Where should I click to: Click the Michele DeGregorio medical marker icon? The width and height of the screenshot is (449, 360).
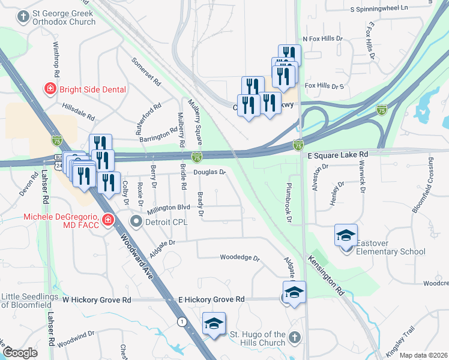pos(107,220)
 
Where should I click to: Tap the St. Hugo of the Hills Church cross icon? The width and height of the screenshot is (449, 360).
pos(294,338)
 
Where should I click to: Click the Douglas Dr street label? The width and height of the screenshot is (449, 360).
pos(209,172)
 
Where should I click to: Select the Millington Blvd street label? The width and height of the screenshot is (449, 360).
pos(169,207)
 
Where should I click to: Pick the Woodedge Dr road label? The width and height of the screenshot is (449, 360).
pos(239,259)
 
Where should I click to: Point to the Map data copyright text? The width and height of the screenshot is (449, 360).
pos(423,355)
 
